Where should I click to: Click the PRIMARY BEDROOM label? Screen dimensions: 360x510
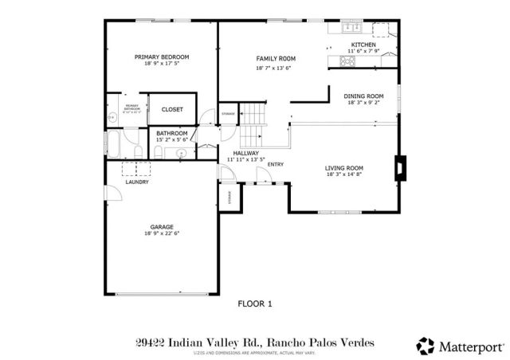(x=162, y=57)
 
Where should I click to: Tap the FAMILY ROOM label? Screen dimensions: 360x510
(x=276, y=59)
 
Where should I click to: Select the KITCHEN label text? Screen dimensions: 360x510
(x=363, y=45)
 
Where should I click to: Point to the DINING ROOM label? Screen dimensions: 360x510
(x=363, y=96)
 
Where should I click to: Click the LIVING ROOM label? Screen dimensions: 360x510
(x=344, y=168)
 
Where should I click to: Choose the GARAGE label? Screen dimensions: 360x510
(x=162, y=227)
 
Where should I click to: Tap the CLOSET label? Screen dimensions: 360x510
(x=172, y=109)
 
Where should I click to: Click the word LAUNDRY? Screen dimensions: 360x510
(x=137, y=182)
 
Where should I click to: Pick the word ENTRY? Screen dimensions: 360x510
(x=276, y=165)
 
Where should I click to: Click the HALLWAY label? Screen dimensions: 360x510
(x=246, y=153)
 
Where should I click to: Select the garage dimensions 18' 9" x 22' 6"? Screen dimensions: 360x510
(x=162, y=234)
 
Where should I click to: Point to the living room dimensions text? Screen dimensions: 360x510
(x=344, y=175)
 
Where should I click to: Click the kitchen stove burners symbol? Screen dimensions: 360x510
(x=349, y=60)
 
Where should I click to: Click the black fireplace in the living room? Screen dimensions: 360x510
(x=398, y=168)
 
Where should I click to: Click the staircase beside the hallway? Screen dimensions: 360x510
(x=253, y=123)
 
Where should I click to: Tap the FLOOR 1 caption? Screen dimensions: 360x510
(x=256, y=303)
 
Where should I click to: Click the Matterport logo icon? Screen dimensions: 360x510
(x=426, y=346)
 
